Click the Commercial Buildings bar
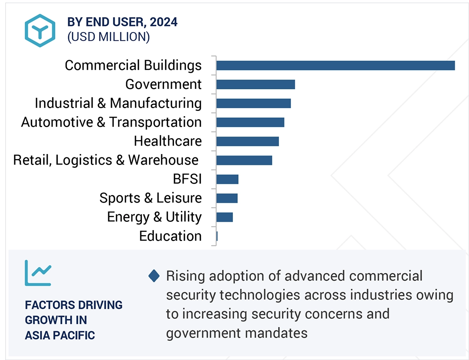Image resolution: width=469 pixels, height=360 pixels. tap(335, 65)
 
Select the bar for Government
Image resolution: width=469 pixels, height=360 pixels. tap(255, 84)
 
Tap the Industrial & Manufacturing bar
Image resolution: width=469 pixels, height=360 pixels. tap(253, 103)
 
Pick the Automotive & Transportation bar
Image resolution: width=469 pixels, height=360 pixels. tap(250, 122)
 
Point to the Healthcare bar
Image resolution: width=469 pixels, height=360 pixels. tap(247, 141)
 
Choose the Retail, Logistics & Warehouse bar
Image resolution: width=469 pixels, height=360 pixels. tap(244, 160)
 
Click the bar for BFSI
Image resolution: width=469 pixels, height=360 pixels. tap(227, 179)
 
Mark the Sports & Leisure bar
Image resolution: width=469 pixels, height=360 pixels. tap(227, 198)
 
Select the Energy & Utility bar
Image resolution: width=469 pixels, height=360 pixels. tap(224, 217)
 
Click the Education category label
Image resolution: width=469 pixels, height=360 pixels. tap(170, 236)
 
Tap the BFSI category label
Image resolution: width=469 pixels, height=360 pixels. tap(187, 179)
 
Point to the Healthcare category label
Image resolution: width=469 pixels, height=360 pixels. tap(168, 141)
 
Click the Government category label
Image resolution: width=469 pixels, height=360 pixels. tap(163, 84)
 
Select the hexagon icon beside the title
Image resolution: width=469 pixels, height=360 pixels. tap(40, 30)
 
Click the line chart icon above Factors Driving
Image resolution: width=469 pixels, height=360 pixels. tap(38, 273)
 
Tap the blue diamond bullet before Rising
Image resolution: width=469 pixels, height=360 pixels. tap(154, 276)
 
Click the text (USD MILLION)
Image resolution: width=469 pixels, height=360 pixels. tap(109, 37)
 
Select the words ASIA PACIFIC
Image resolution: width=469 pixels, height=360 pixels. tap(60, 335)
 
